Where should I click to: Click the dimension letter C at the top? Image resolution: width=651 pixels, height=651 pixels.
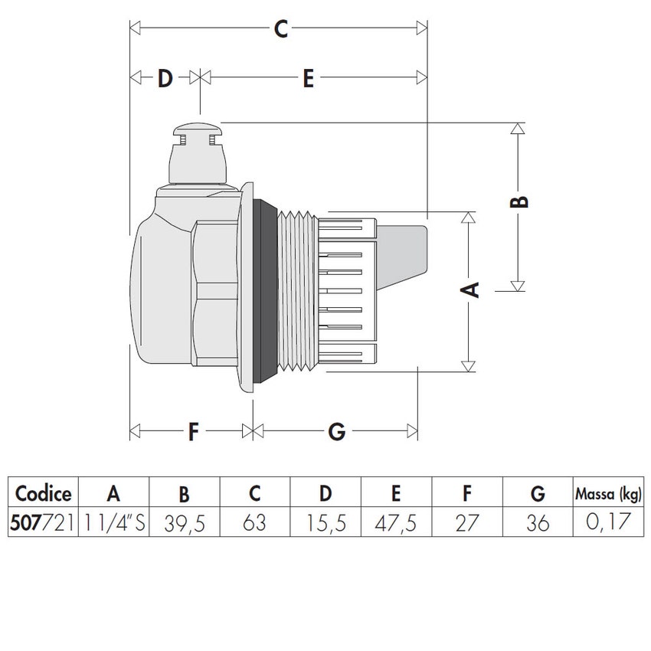(280, 30)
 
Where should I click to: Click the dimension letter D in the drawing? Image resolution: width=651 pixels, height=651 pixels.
(165, 78)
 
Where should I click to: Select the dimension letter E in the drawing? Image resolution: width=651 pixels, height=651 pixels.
(307, 78)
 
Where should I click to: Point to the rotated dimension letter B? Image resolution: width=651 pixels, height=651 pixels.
(519, 201)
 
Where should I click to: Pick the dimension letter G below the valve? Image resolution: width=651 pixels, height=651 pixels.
(336, 432)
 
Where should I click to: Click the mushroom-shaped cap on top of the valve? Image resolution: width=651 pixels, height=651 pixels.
(198, 132)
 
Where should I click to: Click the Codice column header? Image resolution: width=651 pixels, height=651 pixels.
(44, 492)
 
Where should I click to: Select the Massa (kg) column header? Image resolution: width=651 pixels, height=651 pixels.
(609, 492)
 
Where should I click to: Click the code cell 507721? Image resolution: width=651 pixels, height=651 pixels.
(44, 523)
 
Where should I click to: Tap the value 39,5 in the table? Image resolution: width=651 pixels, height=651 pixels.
(184, 524)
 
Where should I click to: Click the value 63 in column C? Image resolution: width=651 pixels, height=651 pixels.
(254, 523)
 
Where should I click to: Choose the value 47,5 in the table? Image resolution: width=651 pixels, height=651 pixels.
(396, 524)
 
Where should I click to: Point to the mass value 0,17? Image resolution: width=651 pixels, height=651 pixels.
(609, 524)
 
